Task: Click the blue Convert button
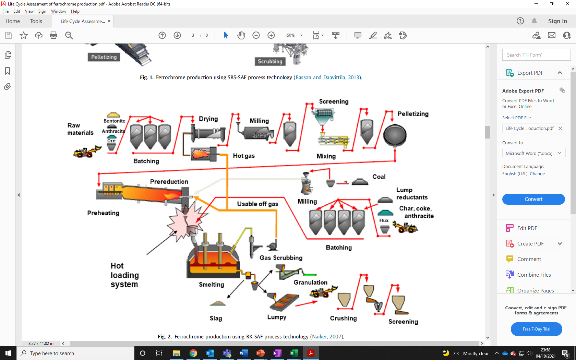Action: (533, 199)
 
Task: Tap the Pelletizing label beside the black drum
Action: (413, 114)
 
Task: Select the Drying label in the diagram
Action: (208, 119)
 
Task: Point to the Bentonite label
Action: (114, 121)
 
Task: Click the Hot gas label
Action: (243, 156)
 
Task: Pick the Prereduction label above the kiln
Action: (169, 182)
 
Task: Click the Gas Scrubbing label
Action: (281, 258)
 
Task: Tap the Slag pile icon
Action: (218, 303)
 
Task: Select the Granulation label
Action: (310, 283)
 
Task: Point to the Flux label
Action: (384, 220)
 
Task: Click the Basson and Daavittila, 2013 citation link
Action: (327, 77)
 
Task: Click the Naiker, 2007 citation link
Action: (327, 337)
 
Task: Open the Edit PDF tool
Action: (527, 228)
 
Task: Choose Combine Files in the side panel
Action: (534, 275)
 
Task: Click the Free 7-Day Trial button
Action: (536, 329)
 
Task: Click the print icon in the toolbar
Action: (53, 35)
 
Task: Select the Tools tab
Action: (36, 21)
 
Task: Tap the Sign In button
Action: (557, 21)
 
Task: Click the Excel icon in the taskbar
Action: (294, 353)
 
